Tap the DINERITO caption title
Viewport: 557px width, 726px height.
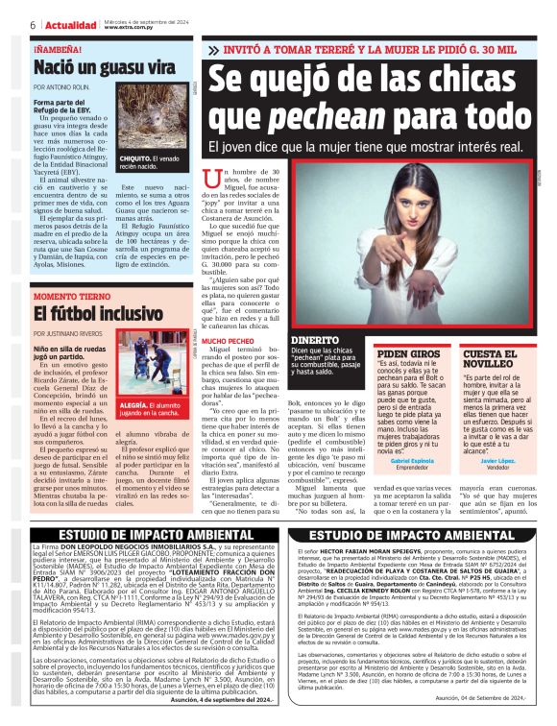coord(314,341)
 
